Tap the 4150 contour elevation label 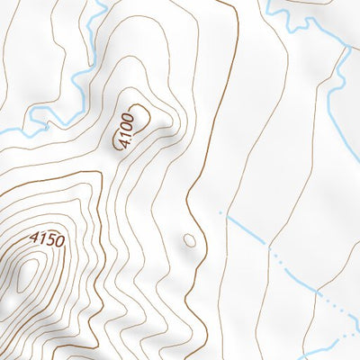click(x=47, y=240)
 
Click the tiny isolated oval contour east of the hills click(x=189, y=240)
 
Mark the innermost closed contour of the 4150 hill click(x=27, y=274)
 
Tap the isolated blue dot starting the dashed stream click(x=220, y=212)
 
